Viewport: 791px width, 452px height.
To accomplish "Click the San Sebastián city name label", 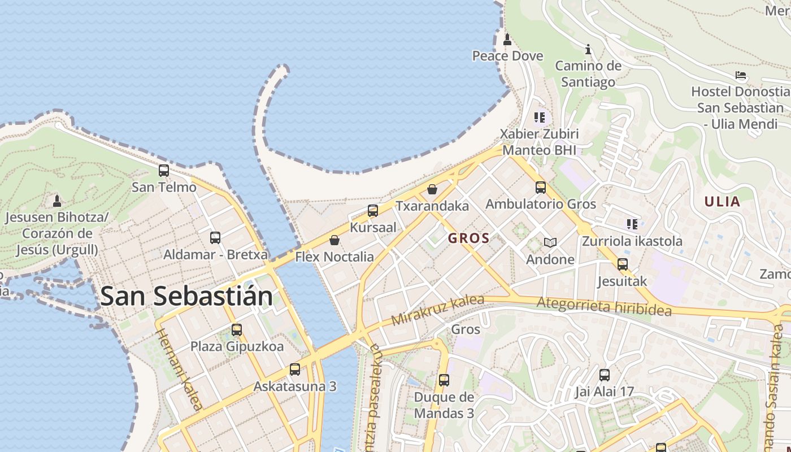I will (x=186, y=297).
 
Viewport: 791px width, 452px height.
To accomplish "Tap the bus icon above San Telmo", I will (x=164, y=170).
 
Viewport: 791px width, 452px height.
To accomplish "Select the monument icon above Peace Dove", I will (x=507, y=40).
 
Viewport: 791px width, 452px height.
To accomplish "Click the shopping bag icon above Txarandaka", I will (x=432, y=189).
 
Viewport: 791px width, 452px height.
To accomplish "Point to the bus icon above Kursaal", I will (x=373, y=211).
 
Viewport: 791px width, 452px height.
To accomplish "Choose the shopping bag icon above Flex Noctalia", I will (x=334, y=240).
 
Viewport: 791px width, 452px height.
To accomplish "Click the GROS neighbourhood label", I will (x=468, y=238).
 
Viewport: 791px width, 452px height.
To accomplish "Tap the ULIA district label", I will (x=722, y=202).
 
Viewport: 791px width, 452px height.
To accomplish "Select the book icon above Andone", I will (x=550, y=243).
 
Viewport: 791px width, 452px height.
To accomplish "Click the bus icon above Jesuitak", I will (x=623, y=264).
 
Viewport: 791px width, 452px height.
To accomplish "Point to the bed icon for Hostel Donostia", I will (x=741, y=75).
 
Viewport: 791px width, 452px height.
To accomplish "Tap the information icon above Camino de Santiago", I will (x=588, y=49).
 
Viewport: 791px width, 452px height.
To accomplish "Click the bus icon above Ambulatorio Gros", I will (x=541, y=187).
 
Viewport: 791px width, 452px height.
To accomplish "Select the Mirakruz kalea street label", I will (x=438, y=310).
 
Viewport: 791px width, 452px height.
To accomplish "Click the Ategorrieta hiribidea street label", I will (x=603, y=307).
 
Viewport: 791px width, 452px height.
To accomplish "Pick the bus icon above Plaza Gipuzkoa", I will (x=237, y=329).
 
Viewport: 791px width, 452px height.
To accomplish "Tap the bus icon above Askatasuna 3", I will (x=295, y=370).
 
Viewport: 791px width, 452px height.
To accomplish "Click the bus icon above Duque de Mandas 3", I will (x=444, y=380).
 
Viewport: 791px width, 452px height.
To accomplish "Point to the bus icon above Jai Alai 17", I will (x=605, y=375).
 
